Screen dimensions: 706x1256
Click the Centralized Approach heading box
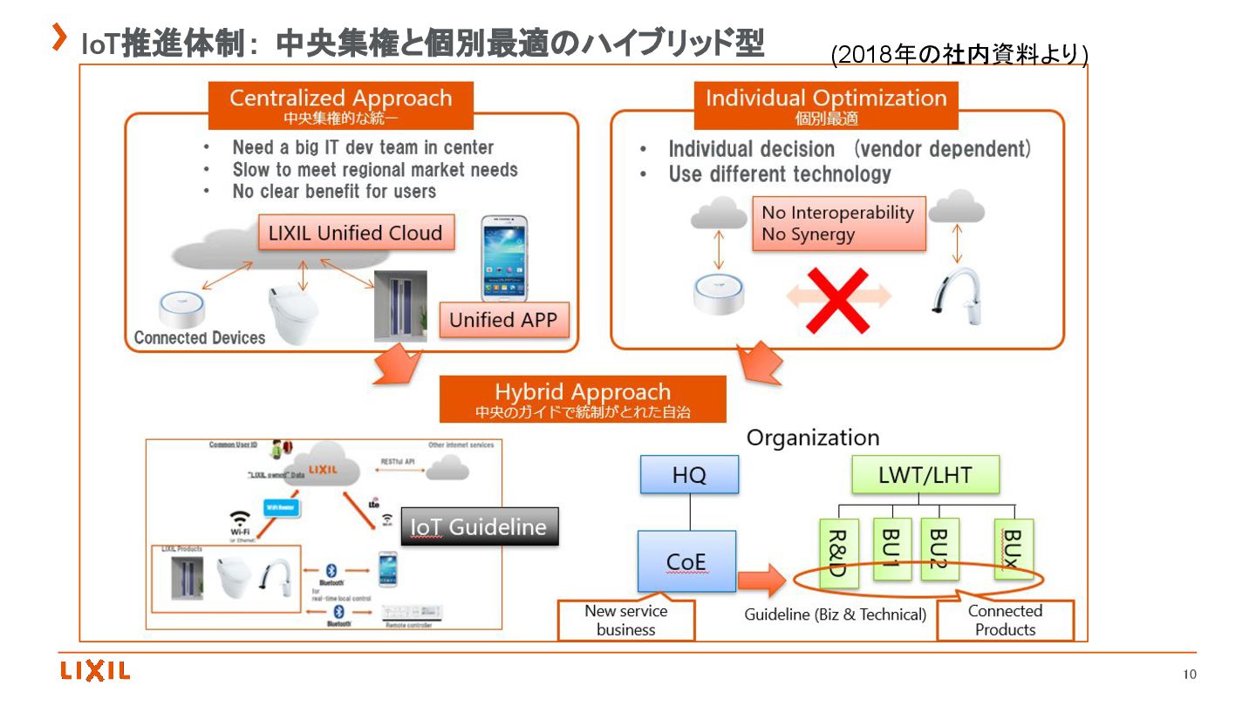[340, 105]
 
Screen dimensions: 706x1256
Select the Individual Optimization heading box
[826, 105]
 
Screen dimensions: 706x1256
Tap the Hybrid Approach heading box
[583, 399]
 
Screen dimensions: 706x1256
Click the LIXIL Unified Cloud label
[356, 233]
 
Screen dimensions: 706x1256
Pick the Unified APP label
[502, 320]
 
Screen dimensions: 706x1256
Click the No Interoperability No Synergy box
[838, 223]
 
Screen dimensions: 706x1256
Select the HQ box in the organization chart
[689, 475]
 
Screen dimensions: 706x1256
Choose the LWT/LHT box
[925, 475]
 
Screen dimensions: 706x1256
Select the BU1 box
[891, 549]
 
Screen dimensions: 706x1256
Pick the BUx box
[1014, 549]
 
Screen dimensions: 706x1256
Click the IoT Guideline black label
[479, 526]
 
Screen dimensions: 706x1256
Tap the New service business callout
[625, 621]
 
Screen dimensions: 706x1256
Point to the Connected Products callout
[1005, 621]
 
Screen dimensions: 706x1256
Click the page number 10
[1190, 674]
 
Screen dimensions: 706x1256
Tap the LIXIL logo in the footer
[95, 670]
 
